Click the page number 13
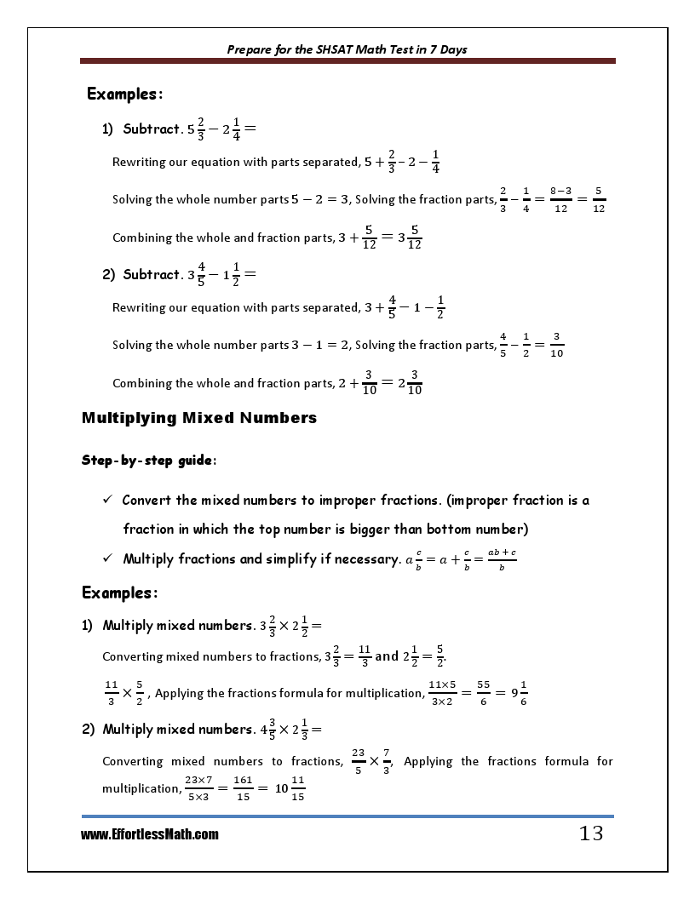coord(590,833)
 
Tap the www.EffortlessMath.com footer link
coord(150,835)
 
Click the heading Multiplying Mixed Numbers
coord(199,418)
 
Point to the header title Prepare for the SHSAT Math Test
coord(347,49)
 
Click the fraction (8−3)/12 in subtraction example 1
coord(560,200)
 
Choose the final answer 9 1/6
coord(518,693)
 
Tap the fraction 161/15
coord(243,788)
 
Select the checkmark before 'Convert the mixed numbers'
coord(107,501)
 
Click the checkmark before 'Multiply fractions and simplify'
coord(107,559)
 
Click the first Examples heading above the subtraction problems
coord(124,94)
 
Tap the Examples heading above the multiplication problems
coord(119,593)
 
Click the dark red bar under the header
coord(347,61)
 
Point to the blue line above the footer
coord(347,816)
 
